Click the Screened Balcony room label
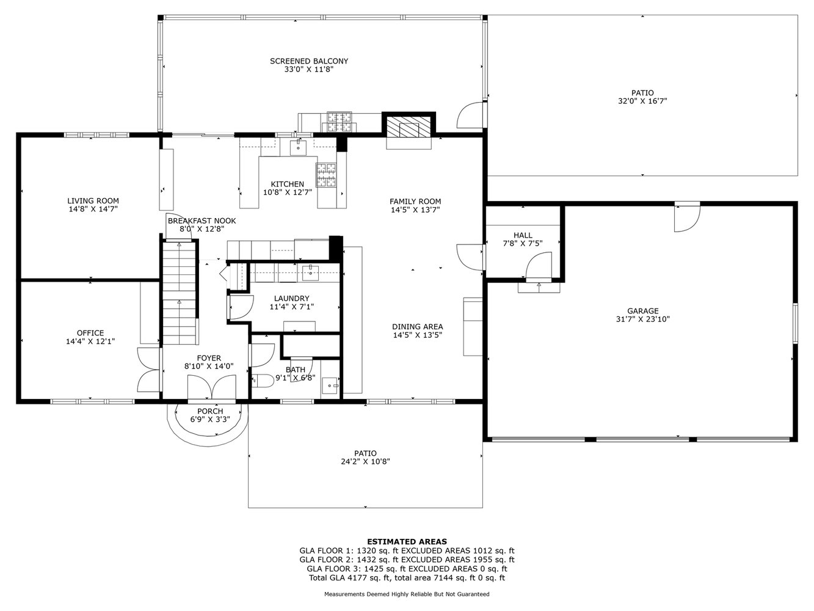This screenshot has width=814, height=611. (x=309, y=61)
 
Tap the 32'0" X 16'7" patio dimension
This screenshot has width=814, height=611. (x=642, y=101)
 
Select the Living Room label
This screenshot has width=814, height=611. (x=93, y=200)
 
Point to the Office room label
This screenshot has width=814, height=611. (x=90, y=333)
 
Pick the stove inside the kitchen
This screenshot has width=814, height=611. (x=325, y=174)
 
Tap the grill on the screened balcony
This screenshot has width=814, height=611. (x=340, y=122)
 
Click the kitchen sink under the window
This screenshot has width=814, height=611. (x=298, y=147)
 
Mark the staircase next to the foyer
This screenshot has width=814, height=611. (x=180, y=293)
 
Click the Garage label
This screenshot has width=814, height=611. (x=642, y=310)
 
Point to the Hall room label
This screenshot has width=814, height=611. (x=523, y=235)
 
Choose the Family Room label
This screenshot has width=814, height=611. (x=415, y=201)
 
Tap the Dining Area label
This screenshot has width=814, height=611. (x=417, y=326)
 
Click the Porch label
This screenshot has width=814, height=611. (x=210, y=411)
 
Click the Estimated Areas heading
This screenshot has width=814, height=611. (x=407, y=541)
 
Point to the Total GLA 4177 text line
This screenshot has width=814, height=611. (x=407, y=577)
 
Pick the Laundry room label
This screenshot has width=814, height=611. (x=291, y=298)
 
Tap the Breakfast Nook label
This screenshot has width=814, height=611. (x=202, y=221)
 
